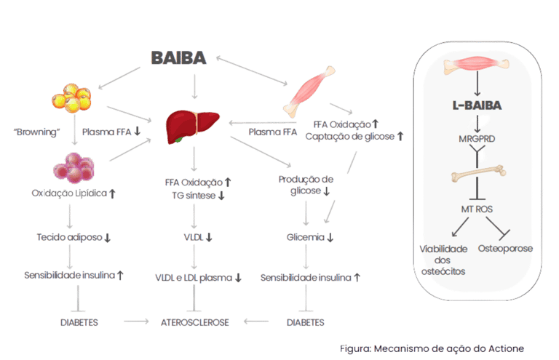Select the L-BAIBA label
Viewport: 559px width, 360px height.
(476, 105)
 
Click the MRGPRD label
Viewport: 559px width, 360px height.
(476, 138)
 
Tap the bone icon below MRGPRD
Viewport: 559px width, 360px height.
(477, 177)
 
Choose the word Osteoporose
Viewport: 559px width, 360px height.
(506, 248)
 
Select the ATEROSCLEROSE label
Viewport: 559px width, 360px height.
(194, 321)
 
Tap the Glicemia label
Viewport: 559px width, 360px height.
(309, 237)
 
